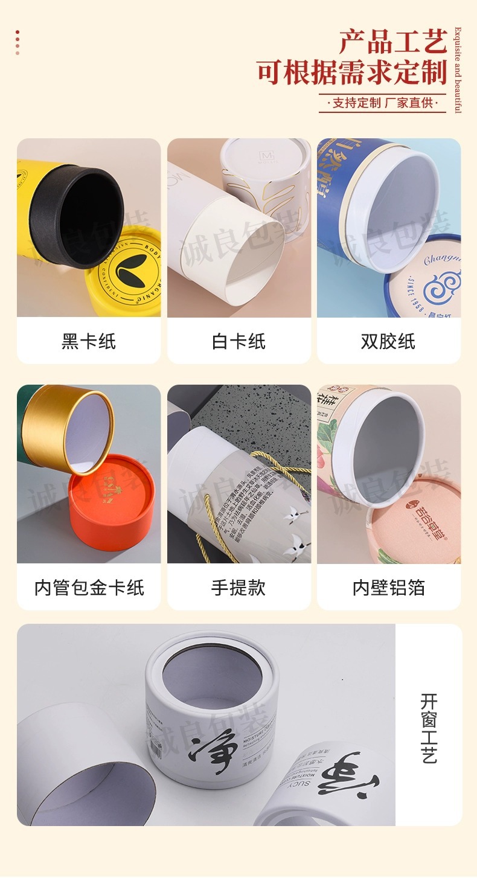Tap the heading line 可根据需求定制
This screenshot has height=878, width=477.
coord(351,72)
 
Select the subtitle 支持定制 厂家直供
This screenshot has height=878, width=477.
coord(383,103)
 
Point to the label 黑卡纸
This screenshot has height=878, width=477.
coord(88,341)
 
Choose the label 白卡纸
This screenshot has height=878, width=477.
coord(238,341)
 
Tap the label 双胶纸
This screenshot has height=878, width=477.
coord(388,341)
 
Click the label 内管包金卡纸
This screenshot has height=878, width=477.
coord(89,588)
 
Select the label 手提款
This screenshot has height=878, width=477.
coord(238,588)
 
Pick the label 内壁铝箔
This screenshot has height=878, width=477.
coord(388,588)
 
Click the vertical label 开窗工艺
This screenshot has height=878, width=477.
coord(429,728)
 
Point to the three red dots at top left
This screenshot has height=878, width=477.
coord(18,42)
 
